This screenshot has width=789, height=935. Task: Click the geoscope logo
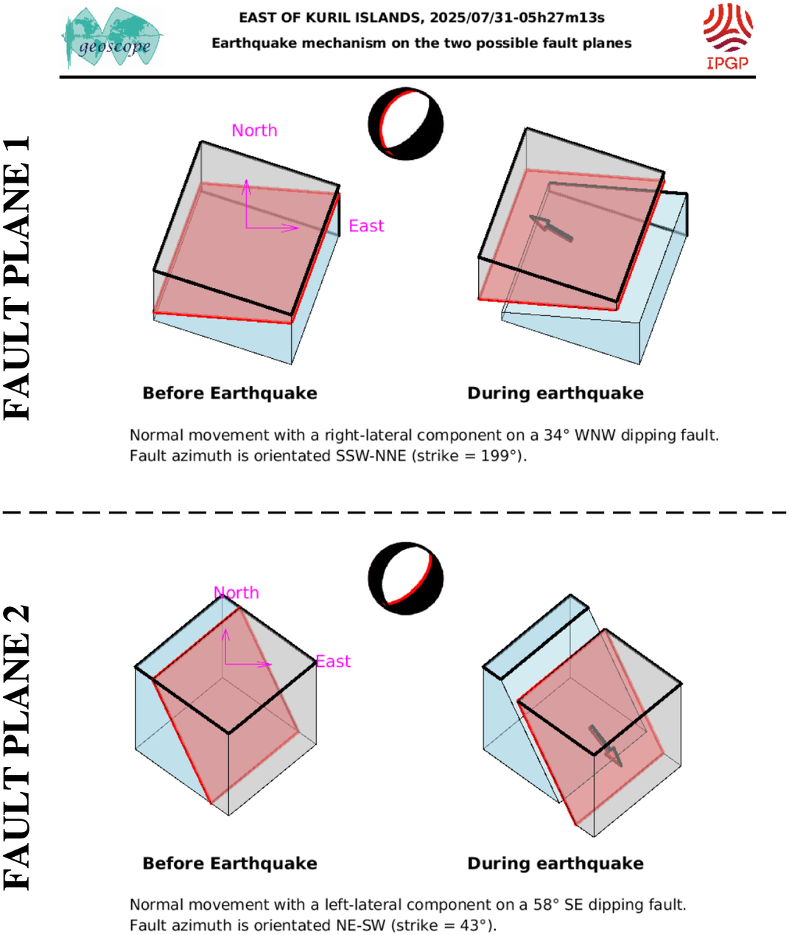[x=112, y=38]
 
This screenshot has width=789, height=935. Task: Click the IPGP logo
[x=728, y=37]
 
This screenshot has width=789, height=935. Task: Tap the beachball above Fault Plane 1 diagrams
[x=406, y=124]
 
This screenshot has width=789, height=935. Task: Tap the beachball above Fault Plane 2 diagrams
[x=406, y=578]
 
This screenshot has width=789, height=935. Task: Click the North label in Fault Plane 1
[x=254, y=130]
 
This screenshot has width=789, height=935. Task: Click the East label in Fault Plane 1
[x=366, y=225]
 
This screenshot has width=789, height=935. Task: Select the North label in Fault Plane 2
[x=236, y=593]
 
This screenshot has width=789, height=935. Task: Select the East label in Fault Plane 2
[x=333, y=662]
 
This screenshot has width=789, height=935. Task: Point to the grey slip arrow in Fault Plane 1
[x=551, y=228]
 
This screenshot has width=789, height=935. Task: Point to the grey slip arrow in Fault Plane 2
[x=606, y=746]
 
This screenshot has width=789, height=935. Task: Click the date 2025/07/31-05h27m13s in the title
[x=517, y=18]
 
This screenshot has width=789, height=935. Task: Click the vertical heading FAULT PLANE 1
[x=17, y=278]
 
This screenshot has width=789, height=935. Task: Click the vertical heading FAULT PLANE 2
[x=17, y=748]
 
